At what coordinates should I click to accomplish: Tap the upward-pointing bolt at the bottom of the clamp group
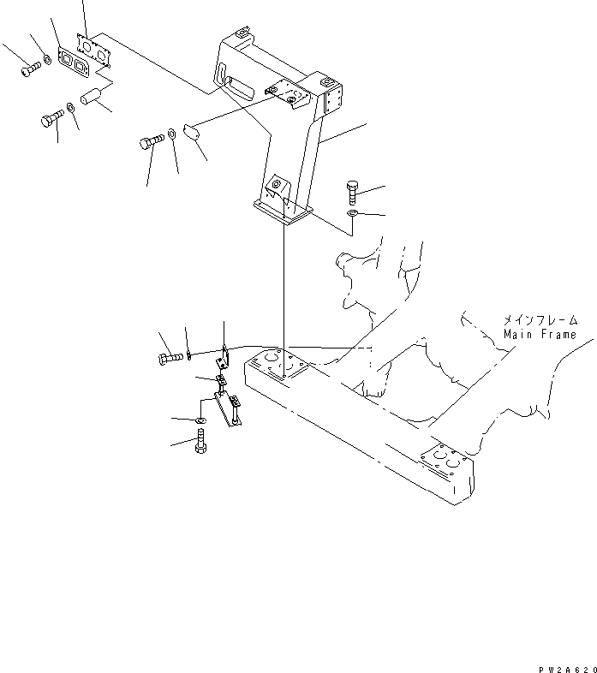[200, 443]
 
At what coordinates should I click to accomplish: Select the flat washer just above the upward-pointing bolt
[200, 421]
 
